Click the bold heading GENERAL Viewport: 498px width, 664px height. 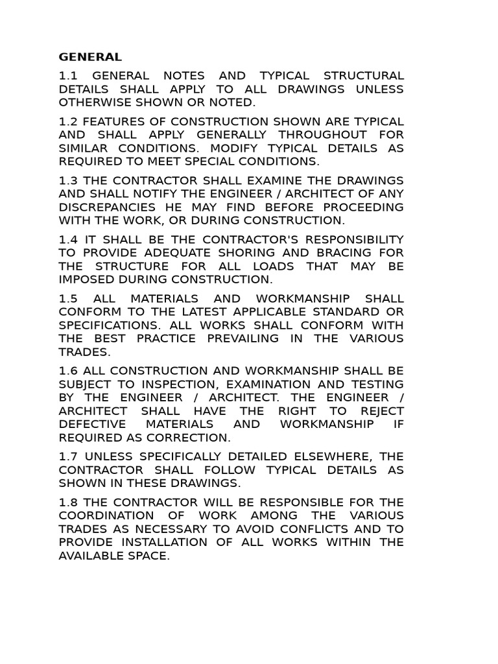click(90, 57)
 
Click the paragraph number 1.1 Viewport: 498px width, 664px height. click(67, 76)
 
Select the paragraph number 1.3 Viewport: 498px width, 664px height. click(67, 180)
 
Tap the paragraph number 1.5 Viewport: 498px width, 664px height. click(67, 298)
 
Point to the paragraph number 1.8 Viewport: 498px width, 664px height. click(67, 502)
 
